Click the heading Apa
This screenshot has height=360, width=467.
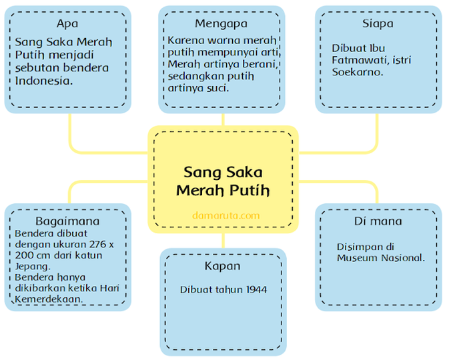point(67,24)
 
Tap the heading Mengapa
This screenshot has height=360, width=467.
point(221,24)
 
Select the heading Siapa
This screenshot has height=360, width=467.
point(378,24)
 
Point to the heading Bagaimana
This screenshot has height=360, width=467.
point(67,221)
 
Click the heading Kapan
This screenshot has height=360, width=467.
point(222,266)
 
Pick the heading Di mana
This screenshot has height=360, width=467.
point(378,221)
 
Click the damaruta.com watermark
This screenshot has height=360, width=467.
point(226,215)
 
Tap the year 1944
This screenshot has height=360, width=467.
point(256,289)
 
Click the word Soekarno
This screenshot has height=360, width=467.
point(358,72)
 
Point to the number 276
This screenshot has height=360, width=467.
point(97,245)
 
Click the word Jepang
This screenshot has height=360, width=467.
point(33,267)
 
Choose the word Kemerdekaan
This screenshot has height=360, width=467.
point(49,299)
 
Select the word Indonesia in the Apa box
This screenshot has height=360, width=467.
point(44,81)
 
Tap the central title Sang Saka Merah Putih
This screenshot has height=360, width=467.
point(223,181)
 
